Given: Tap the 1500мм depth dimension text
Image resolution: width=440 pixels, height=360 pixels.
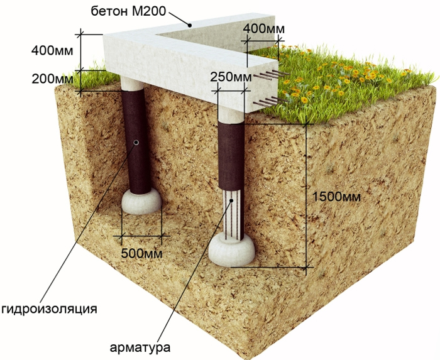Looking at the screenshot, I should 338,196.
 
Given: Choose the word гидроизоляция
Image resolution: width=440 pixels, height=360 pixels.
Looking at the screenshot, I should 49,309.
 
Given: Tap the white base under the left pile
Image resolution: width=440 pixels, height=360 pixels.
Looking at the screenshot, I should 141,202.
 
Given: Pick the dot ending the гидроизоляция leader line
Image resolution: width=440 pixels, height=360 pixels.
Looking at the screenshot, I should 136,143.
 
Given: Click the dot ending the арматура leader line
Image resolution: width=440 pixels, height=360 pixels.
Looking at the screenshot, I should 232,200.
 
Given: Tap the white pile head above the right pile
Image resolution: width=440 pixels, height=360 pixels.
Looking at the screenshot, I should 231,109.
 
